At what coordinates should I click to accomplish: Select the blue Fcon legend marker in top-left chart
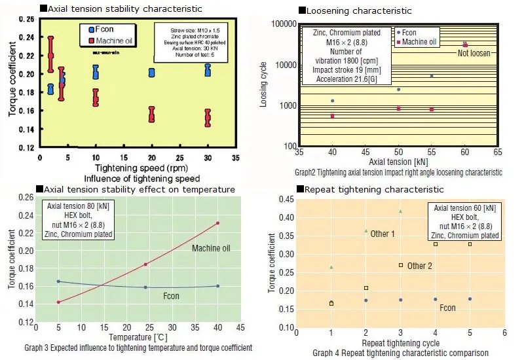click(92, 30)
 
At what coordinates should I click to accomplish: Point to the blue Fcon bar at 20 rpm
click(152, 72)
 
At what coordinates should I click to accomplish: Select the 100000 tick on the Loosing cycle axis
click(280, 24)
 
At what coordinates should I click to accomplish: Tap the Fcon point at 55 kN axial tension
click(432, 76)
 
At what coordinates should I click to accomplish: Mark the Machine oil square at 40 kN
click(333, 116)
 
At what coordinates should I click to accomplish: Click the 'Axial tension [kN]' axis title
click(398, 161)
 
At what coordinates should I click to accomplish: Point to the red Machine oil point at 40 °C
click(217, 223)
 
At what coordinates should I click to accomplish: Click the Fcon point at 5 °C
click(58, 281)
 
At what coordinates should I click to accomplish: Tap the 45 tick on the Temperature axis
click(240, 327)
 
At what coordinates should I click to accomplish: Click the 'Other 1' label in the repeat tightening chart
click(383, 234)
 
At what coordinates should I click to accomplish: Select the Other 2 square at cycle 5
click(470, 244)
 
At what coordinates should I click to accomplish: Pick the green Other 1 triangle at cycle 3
click(400, 211)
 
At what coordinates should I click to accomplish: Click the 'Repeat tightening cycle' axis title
click(400, 343)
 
